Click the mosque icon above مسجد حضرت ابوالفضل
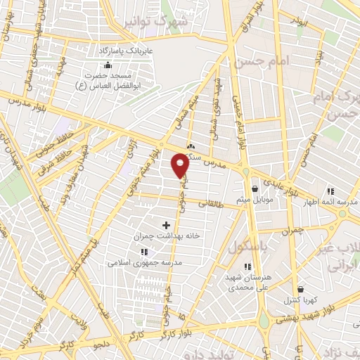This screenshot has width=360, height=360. tap(107, 65)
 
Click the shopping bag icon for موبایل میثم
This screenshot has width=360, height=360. tap(255, 188)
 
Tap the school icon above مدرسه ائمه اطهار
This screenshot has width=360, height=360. tap(330, 191)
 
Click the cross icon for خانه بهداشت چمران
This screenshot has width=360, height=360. tap(167, 225)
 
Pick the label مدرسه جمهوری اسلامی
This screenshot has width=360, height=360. tap(145, 262)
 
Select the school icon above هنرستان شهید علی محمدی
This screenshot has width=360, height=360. tap(247, 266)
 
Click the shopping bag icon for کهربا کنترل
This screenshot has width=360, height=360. tap(300, 289)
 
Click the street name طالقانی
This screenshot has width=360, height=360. tap(212, 202)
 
